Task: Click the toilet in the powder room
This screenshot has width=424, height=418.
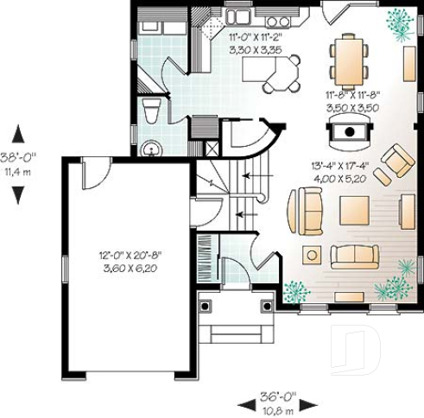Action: (x=151, y=110)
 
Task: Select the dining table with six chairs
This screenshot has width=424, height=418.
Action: (x=349, y=60)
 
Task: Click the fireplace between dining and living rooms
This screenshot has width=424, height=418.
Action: (x=349, y=131)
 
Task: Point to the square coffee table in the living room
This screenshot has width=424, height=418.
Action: (x=354, y=209)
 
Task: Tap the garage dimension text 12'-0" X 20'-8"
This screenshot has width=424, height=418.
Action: (x=130, y=255)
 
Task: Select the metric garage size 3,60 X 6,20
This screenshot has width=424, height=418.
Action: (x=130, y=268)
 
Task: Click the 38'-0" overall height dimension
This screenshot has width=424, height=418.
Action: (x=16, y=158)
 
